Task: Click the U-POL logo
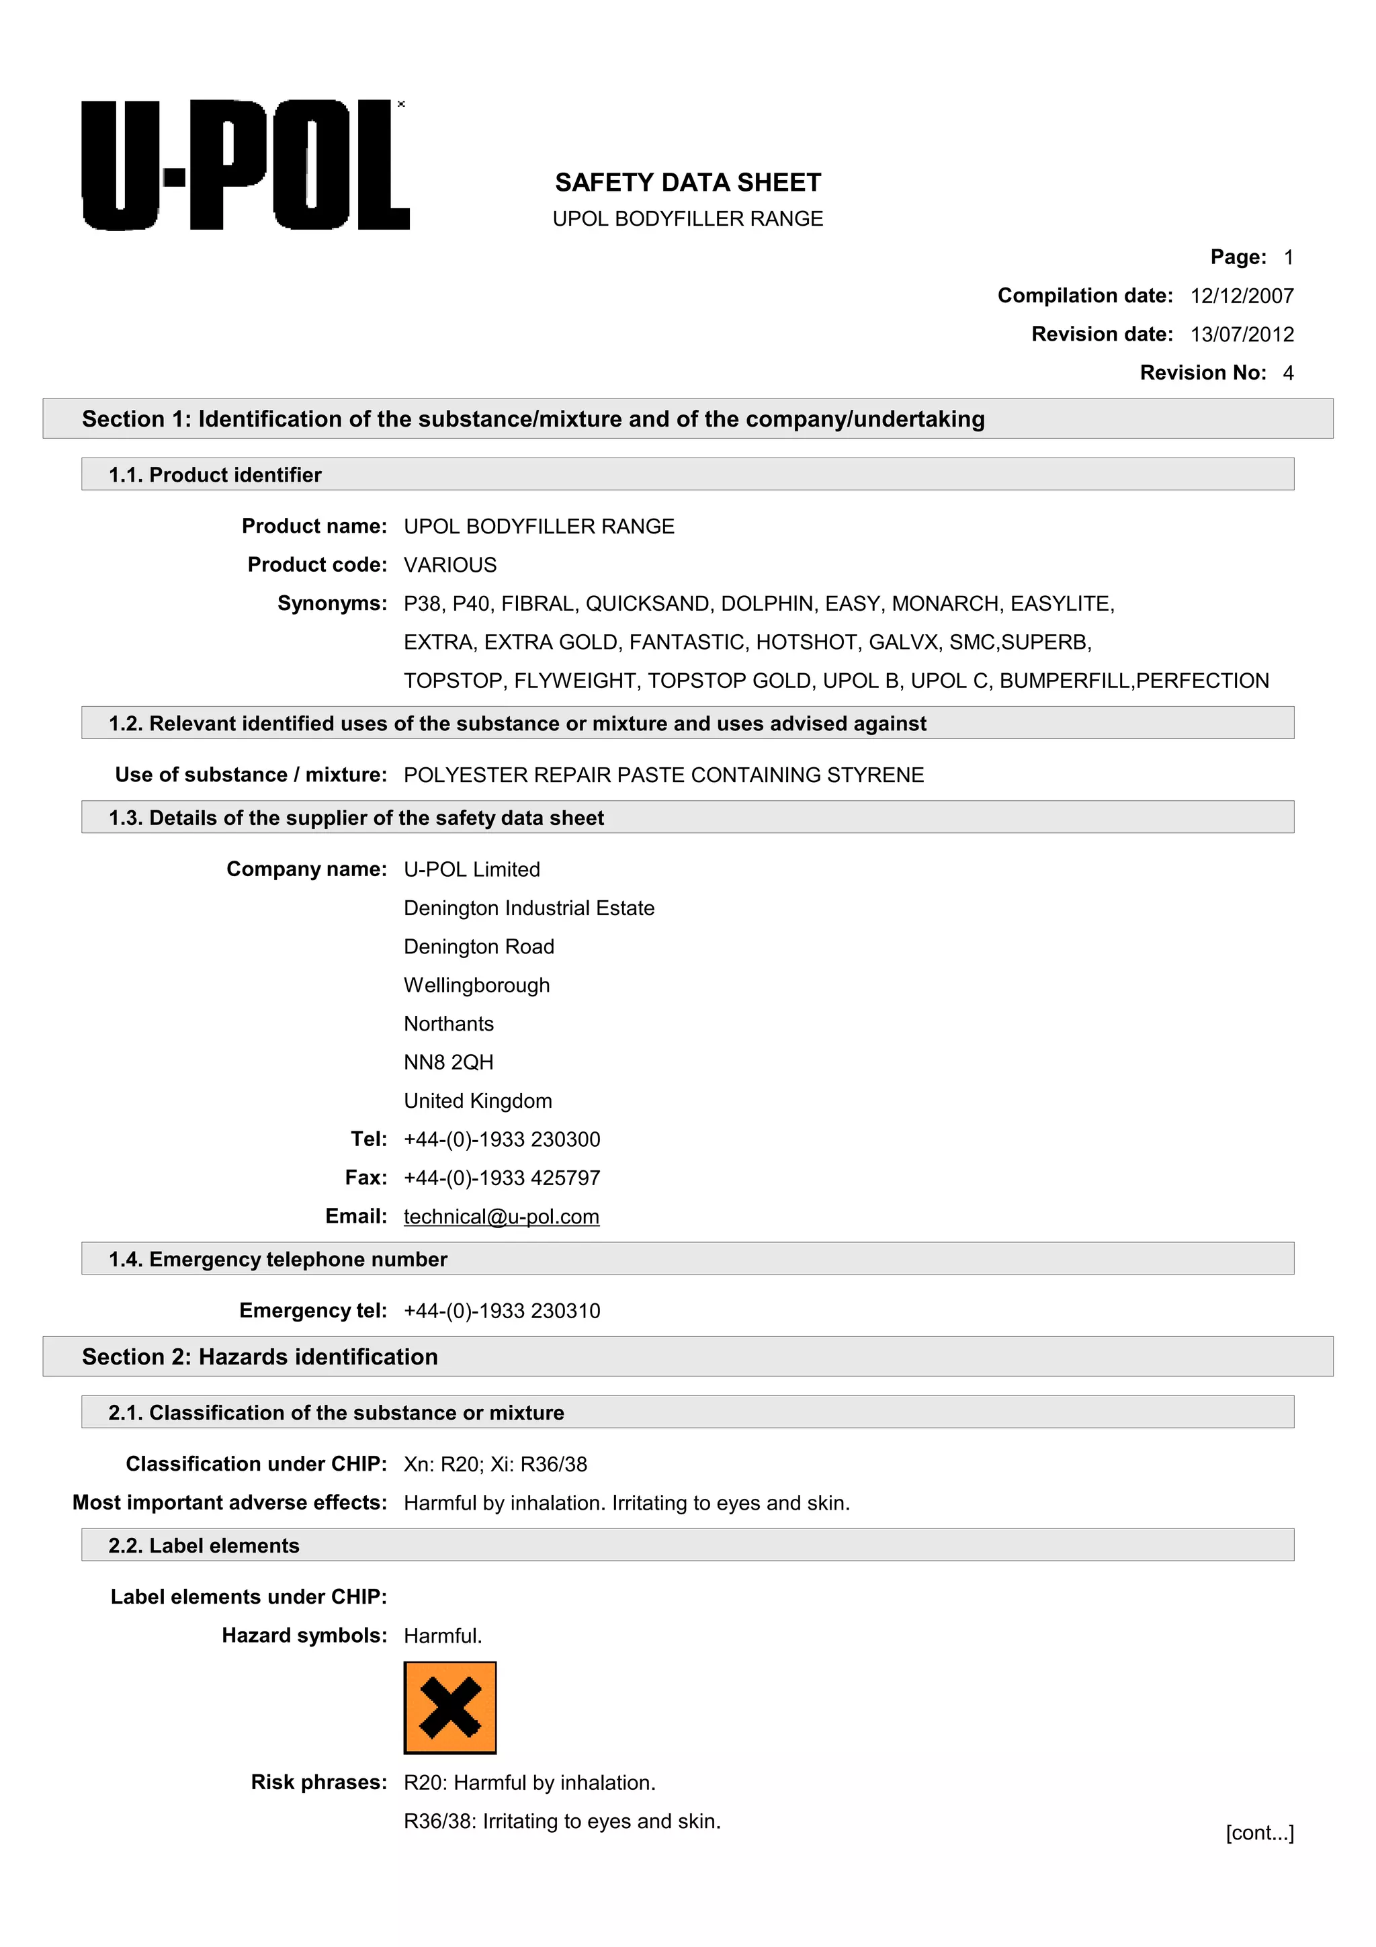[246, 165]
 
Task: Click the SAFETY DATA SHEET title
[687, 182]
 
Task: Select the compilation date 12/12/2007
[1241, 296]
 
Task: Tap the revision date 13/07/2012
[1241, 334]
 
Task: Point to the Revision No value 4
[1288, 373]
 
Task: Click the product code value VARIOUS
[450, 565]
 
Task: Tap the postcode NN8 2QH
[449, 1063]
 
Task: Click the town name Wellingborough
[476, 986]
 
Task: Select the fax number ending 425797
[502, 1178]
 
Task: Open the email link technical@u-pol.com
[501, 1217]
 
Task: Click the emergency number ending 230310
[502, 1311]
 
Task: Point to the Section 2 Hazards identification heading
[259, 1357]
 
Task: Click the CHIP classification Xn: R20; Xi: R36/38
[495, 1465]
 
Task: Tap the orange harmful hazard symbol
[449, 1708]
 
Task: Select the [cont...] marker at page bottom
[1259, 1833]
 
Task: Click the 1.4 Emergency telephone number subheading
[277, 1259]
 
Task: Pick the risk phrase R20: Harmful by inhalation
[529, 1783]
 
